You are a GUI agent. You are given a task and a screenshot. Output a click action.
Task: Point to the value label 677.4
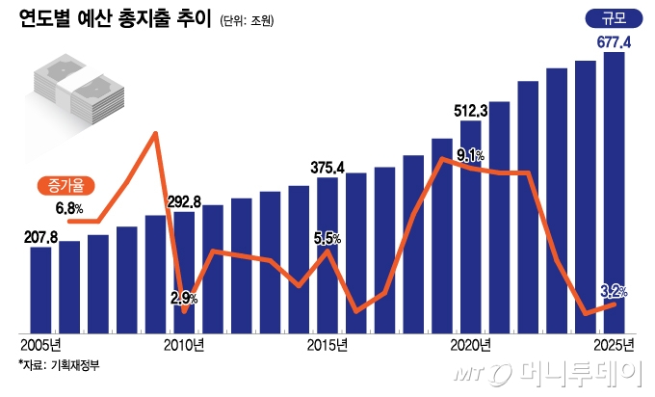click(x=613, y=41)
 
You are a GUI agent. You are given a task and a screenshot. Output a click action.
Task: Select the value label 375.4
click(x=327, y=167)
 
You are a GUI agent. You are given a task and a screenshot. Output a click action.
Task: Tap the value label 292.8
click(x=183, y=202)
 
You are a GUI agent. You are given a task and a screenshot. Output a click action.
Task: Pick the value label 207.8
click(x=39, y=236)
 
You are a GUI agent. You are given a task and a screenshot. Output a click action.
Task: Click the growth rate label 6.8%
click(x=70, y=207)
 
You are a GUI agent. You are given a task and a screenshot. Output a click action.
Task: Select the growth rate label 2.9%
click(x=183, y=299)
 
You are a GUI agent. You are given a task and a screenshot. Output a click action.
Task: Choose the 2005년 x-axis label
click(x=39, y=344)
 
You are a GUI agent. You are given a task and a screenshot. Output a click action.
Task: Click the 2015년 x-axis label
click(x=327, y=344)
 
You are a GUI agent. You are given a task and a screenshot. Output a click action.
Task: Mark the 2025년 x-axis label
click(x=614, y=344)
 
